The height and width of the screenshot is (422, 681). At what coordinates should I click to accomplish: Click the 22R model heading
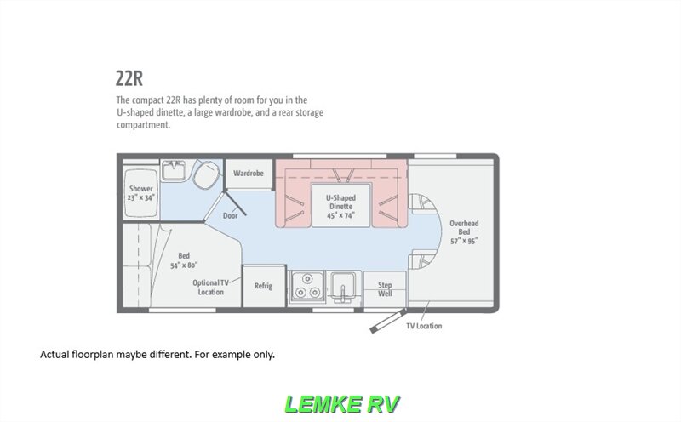[129, 78]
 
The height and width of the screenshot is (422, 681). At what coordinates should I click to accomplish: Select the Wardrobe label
[249, 173]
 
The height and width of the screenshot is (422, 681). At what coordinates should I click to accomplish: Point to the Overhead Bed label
[464, 227]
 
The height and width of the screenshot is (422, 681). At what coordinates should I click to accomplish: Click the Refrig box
[263, 286]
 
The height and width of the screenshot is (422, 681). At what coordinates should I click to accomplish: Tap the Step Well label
[385, 288]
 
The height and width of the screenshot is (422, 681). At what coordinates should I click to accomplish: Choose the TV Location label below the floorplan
[423, 326]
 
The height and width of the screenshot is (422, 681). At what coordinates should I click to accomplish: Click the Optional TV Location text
[210, 287]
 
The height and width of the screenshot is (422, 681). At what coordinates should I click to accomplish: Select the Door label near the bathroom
[230, 215]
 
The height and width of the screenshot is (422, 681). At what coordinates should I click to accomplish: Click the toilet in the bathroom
[204, 175]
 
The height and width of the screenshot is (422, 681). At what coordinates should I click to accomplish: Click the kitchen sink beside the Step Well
[342, 285]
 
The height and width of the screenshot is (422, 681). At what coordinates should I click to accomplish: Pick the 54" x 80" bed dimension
[184, 265]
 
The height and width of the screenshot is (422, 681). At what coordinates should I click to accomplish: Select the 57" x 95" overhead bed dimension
[464, 241]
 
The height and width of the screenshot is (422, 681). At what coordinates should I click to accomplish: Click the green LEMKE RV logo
[340, 402]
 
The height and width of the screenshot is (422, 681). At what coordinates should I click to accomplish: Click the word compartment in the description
[144, 124]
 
